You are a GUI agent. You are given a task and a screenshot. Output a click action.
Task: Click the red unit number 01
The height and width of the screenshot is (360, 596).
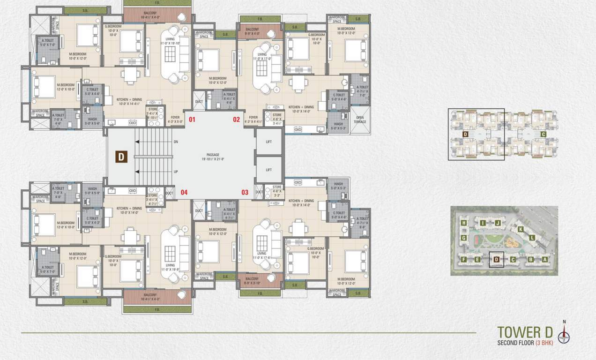click(192, 120)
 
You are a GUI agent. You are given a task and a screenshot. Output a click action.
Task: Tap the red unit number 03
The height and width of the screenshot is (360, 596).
click(245, 192)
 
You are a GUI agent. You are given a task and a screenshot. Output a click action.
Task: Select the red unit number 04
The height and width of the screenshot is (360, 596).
click(184, 192)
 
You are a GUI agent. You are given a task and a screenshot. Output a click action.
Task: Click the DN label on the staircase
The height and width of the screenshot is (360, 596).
click(176, 141)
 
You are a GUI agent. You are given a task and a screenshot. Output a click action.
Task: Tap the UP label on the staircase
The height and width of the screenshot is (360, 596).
click(176, 172)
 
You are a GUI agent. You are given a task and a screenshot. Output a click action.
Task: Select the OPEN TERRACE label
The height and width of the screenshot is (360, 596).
click(360, 120)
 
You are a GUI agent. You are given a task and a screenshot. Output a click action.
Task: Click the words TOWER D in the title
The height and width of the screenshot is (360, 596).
click(525, 332)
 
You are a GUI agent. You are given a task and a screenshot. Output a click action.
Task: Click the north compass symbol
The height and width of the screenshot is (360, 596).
click(564, 334)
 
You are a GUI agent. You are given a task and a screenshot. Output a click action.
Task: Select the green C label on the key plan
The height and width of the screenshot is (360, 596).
click(543, 135)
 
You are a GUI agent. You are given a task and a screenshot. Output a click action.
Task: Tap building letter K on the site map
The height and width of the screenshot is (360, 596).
click(521, 229)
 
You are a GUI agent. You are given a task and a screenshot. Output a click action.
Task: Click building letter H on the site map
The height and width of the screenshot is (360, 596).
click(463, 223)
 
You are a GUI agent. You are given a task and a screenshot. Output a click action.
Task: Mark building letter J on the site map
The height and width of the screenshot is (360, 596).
click(498, 223)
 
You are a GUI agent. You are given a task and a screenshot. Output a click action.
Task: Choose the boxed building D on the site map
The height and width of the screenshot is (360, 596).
click(496, 259)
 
